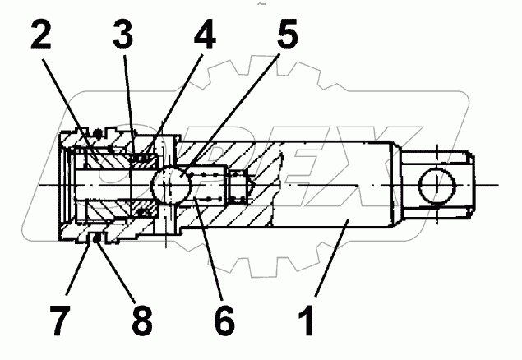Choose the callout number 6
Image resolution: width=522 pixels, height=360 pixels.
point(223,320)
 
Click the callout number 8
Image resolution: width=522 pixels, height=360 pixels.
point(141,320)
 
